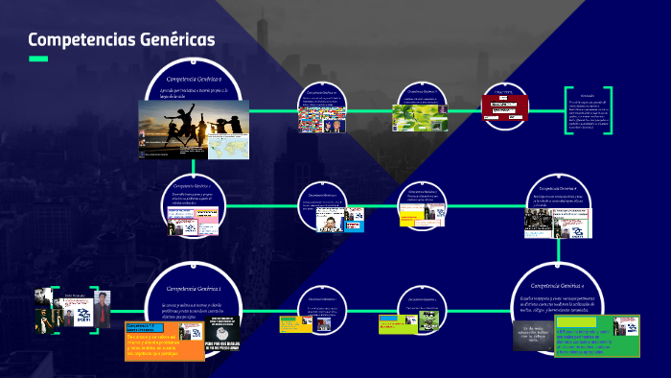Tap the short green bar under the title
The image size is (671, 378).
[x=38, y=59]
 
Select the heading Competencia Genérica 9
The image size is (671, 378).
[x=195, y=78]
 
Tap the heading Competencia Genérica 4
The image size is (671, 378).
[x=559, y=286]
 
